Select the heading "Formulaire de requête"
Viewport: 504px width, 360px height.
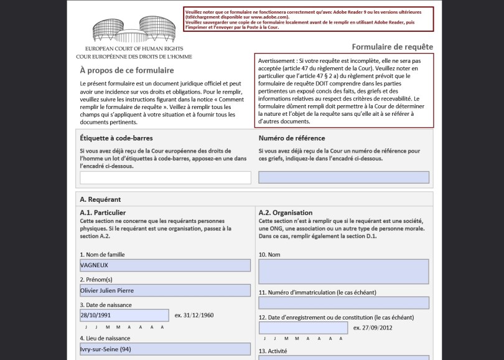pyautogui.click(x=392, y=47)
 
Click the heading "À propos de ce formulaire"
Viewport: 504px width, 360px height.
pyautogui.click(x=127, y=70)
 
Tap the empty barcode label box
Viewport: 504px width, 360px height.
pyautogui.click(x=166, y=178)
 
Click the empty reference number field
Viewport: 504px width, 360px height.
pyautogui.click(x=343, y=178)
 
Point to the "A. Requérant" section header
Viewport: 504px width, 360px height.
pyautogui.click(x=100, y=199)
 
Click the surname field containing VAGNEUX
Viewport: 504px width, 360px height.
pyautogui.click(x=166, y=265)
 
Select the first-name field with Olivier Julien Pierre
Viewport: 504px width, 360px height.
pyautogui.click(x=166, y=290)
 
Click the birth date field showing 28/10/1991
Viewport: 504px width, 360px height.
pyautogui.click(x=124, y=315)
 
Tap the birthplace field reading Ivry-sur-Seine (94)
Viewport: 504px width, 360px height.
pyautogui.click(x=166, y=349)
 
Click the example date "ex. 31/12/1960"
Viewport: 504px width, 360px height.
pyautogui.click(x=194, y=315)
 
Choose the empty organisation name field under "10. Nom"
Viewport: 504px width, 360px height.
pyautogui.click(x=343, y=272)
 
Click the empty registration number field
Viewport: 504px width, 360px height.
pyautogui.click(x=343, y=303)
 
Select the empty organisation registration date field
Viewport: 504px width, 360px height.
pyautogui.click(x=303, y=328)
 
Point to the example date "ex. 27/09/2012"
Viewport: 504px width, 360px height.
pyautogui.click(x=373, y=328)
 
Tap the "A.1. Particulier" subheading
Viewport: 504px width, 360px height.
pyautogui.click(x=103, y=213)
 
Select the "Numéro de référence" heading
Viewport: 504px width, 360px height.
pyautogui.click(x=292, y=138)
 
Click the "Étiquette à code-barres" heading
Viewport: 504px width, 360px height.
pyautogui.click(x=116, y=138)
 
